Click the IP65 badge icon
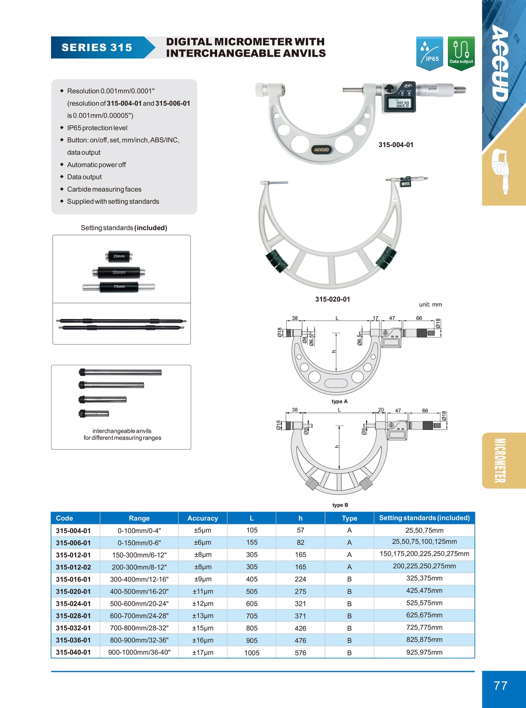pos(429,53)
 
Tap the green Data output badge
pos(461,53)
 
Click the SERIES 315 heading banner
pos(97,48)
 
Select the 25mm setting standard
pos(119,256)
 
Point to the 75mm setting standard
pos(119,287)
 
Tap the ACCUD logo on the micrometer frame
pos(321,150)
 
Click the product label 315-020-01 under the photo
pos(333,299)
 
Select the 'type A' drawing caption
pos(340,401)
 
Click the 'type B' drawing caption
pos(340,505)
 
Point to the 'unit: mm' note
pos(431,304)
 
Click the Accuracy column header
pos(203,518)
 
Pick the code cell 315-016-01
pos(73,579)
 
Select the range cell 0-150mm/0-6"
pos(139,543)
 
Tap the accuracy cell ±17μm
pos(203,653)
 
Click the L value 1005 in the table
pos(252,653)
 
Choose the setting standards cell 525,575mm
pos(424,603)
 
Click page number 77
pos(500,686)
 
